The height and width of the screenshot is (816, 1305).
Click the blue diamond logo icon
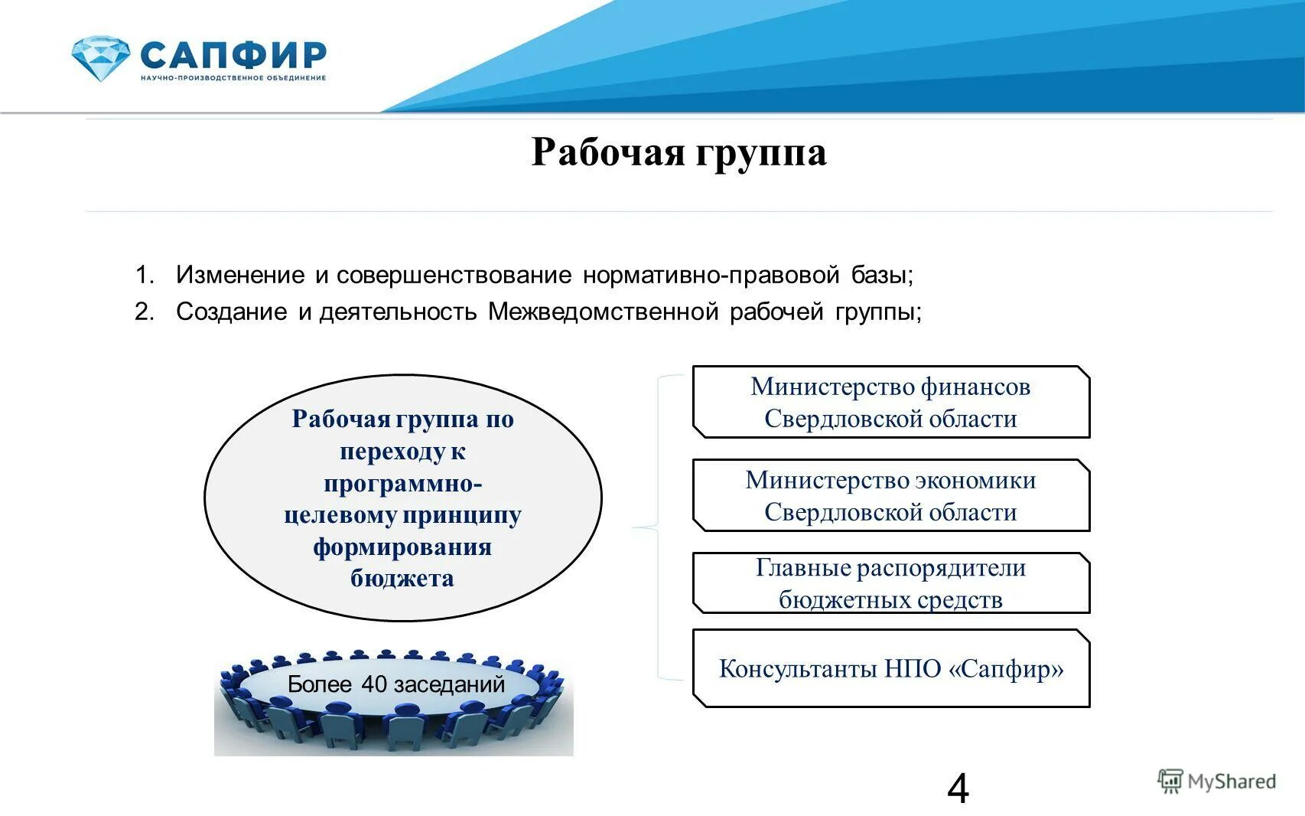[x=100, y=58]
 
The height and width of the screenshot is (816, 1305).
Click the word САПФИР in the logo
[x=233, y=55]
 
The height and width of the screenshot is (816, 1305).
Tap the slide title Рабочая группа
[x=679, y=152]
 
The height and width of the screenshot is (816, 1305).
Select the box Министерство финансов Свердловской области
[x=890, y=403]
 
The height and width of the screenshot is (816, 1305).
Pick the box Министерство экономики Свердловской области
[x=890, y=496]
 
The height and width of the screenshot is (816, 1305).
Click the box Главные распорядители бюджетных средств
[x=890, y=583]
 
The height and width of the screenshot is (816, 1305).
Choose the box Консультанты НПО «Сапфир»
[x=890, y=668]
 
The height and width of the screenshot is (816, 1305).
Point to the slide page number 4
[x=958, y=788]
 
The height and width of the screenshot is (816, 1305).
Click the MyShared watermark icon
[x=1170, y=782]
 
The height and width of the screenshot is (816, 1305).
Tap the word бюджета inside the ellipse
[x=402, y=578]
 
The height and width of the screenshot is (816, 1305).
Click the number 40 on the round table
[x=373, y=684]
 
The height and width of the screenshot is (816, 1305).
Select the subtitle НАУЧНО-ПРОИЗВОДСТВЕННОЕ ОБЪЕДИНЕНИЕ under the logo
[x=233, y=78]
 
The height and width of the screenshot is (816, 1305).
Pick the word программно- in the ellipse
[x=402, y=484]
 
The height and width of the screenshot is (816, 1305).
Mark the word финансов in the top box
[x=975, y=387]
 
